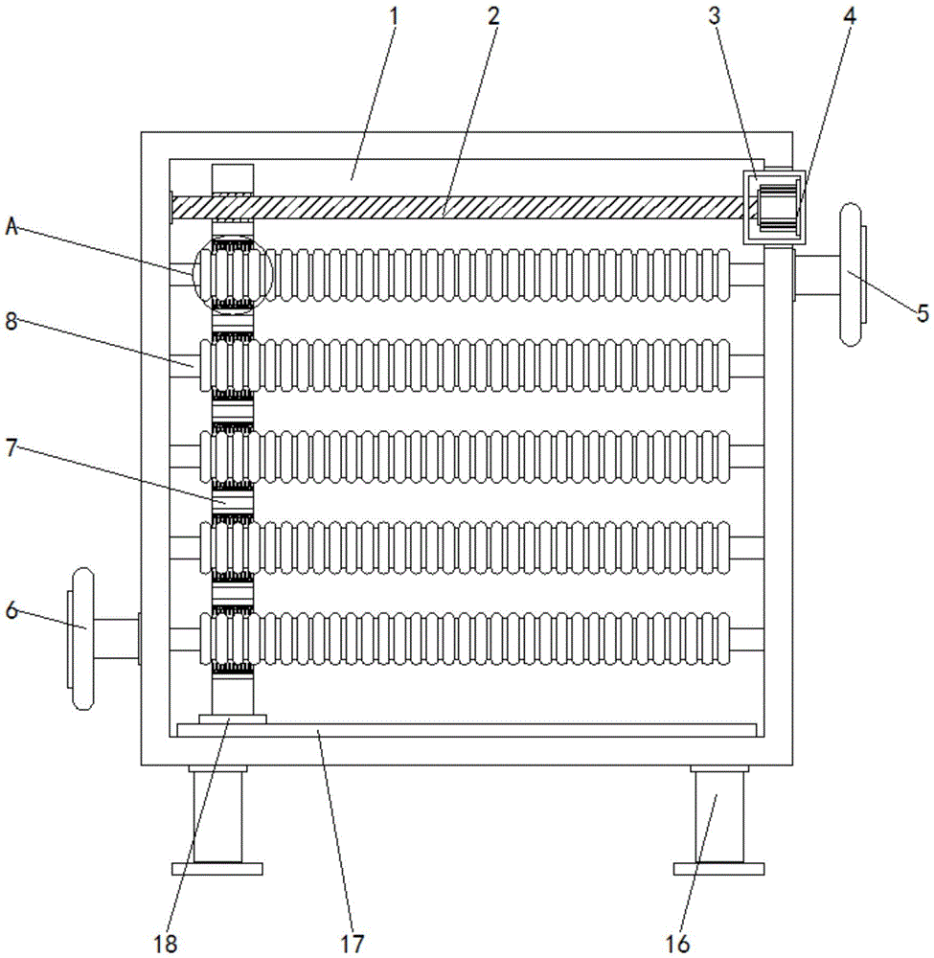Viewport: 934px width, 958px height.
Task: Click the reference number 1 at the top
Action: tap(394, 16)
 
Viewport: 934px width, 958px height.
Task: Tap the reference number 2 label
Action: tap(493, 16)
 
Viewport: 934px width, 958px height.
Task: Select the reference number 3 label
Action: tap(715, 16)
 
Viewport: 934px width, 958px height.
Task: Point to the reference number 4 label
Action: tap(850, 16)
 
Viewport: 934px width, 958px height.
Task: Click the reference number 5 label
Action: tap(923, 313)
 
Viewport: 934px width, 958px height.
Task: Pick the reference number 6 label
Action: tap(12, 609)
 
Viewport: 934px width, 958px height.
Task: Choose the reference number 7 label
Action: tap(11, 447)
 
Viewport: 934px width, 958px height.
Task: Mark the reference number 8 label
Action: tap(11, 320)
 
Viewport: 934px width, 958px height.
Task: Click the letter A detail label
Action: tap(12, 227)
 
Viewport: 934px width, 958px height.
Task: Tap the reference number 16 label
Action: tap(677, 944)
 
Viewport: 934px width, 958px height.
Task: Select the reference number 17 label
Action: tap(352, 944)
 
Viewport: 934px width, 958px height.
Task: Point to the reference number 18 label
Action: tap(165, 944)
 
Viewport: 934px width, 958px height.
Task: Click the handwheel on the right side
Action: tap(851, 275)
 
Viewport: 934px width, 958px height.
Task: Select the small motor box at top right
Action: tap(772, 207)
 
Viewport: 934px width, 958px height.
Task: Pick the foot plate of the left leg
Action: tap(216, 868)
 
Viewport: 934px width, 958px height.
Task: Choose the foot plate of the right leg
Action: tap(718, 868)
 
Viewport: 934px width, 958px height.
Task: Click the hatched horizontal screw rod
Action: tap(458, 208)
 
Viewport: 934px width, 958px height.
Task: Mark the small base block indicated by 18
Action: tap(233, 719)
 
